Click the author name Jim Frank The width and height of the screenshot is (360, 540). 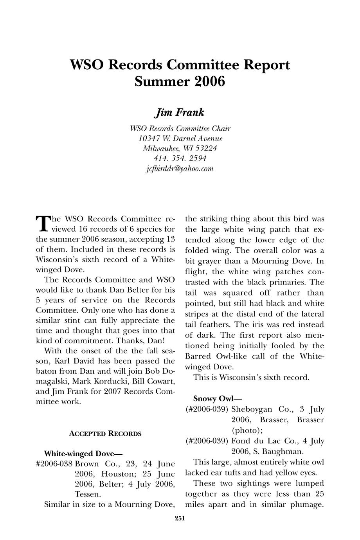click(180, 113)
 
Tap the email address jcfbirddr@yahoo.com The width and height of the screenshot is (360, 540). click(180, 169)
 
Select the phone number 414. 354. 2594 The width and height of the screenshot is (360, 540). click(180, 158)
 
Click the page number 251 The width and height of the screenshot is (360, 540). click(180, 519)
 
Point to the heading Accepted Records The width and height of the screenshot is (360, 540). click(105, 434)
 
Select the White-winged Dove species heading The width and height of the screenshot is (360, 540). click(83, 454)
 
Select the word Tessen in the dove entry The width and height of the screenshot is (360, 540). click(87, 495)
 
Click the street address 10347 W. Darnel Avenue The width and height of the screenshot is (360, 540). click(180, 139)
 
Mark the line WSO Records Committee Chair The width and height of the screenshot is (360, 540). click(180, 128)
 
